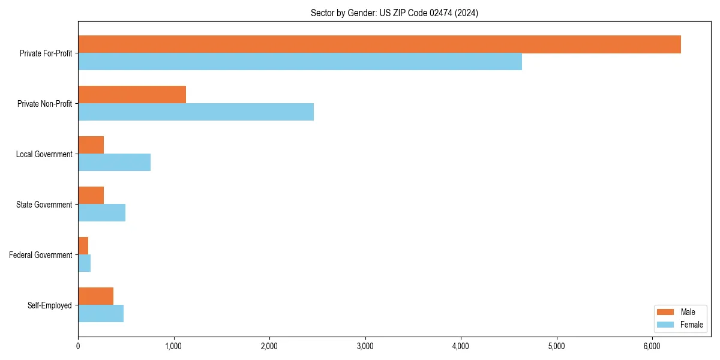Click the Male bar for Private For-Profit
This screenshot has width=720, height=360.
pyautogui.click(x=379, y=44)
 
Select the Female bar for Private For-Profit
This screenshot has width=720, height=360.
pyautogui.click(x=300, y=62)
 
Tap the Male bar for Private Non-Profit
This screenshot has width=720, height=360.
pyautogui.click(x=132, y=95)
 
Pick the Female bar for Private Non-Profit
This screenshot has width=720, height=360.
pyautogui.click(x=196, y=112)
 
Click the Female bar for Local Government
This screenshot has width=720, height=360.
pyautogui.click(x=114, y=163)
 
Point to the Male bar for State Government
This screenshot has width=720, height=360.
pyautogui.click(x=91, y=196)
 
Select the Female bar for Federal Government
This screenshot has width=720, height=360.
pyautogui.click(x=84, y=263)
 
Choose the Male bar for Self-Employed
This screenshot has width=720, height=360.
pyautogui.click(x=95, y=296)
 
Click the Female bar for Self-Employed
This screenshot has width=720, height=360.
pyautogui.click(x=101, y=314)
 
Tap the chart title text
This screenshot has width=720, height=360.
pyautogui.click(x=394, y=13)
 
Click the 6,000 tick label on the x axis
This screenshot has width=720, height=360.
pyautogui.click(x=652, y=346)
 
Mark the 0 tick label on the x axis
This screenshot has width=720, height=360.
pyautogui.click(x=78, y=346)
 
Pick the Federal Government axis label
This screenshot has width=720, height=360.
pyautogui.click(x=41, y=255)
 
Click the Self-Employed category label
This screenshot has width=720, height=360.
pyautogui.click(x=50, y=305)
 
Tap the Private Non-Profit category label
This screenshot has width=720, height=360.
pyautogui.click(x=44, y=104)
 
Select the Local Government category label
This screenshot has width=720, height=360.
pyautogui.click(x=44, y=154)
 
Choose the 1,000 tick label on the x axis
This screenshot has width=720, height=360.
pyautogui.click(x=173, y=346)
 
